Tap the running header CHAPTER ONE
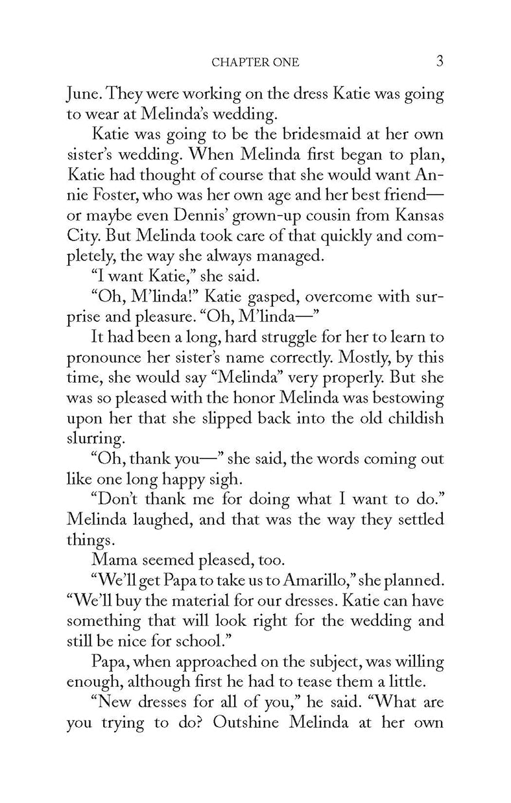(x=255, y=64)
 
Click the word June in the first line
(x=84, y=95)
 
